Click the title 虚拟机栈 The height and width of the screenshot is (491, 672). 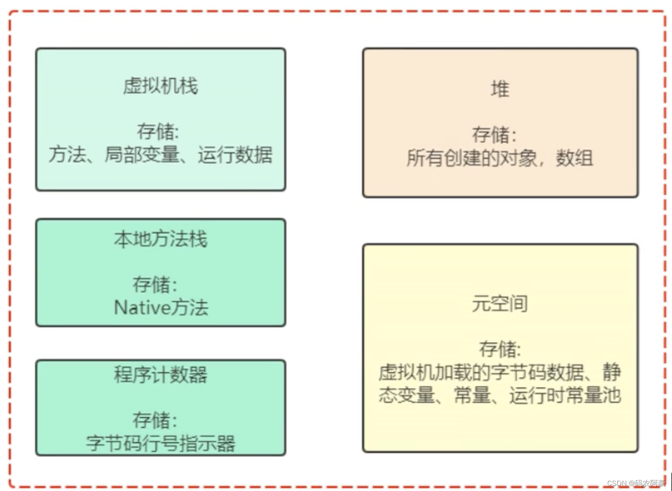click(x=160, y=86)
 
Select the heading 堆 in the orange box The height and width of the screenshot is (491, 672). click(x=500, y=90)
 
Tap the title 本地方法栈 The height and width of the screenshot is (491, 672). click(x=160, y=239)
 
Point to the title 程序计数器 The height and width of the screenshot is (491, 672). click(x=160, y=375)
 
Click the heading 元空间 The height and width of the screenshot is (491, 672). click(x=500, y=304)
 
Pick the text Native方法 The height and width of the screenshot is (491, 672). click(x=161, y=307)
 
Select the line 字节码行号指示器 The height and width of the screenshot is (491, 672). click(x=160, y=443)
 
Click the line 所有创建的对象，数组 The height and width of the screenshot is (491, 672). click(x=500, y=158)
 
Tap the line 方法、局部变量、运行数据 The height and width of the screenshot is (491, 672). click(x=160, y=154)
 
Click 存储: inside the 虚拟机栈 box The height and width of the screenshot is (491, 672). click(x=158, y=131)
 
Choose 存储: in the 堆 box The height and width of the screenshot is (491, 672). click(x=495, y=135)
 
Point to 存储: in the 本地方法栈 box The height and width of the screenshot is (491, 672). click(x=155, y=284)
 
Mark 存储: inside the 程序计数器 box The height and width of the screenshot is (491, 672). click(x=155, y=420)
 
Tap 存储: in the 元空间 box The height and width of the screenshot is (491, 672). click(x=500, y=349)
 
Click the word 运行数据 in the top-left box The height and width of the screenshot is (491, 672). click(x=235, y=154)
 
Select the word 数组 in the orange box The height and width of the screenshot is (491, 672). click(x=574, y=158)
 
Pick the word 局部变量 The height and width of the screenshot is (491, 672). click(x=142, y=154)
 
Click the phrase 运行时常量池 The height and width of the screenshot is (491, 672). click(x=565, y=395)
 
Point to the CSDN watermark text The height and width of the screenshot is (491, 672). click(x=636, y=483)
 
